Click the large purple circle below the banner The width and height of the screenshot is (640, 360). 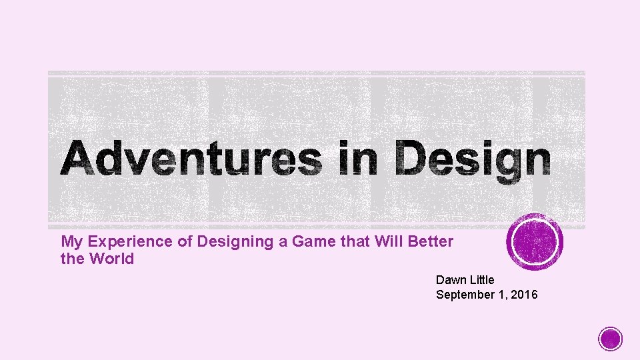535,242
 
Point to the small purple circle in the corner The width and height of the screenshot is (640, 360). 610,339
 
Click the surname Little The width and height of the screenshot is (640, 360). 482,280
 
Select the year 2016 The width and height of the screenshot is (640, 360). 523,295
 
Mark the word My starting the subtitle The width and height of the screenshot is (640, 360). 71,242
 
